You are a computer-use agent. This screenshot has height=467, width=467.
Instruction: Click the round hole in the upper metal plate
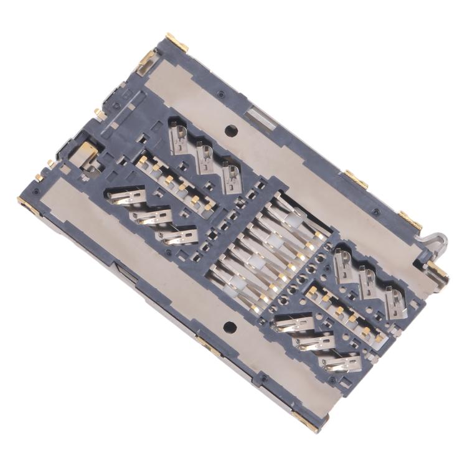click(x=230, y=131)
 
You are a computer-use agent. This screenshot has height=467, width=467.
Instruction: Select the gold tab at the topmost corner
click(x=177, y=42)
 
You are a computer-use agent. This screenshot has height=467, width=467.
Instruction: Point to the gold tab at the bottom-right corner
click(x=306, y=422)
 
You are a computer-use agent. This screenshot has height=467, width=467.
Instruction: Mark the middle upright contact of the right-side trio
click(x=368, y=281)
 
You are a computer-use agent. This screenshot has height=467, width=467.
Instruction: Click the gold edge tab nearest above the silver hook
click(x=410, y=219)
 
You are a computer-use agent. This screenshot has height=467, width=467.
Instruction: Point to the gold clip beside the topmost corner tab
click(x=148, y=59)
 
